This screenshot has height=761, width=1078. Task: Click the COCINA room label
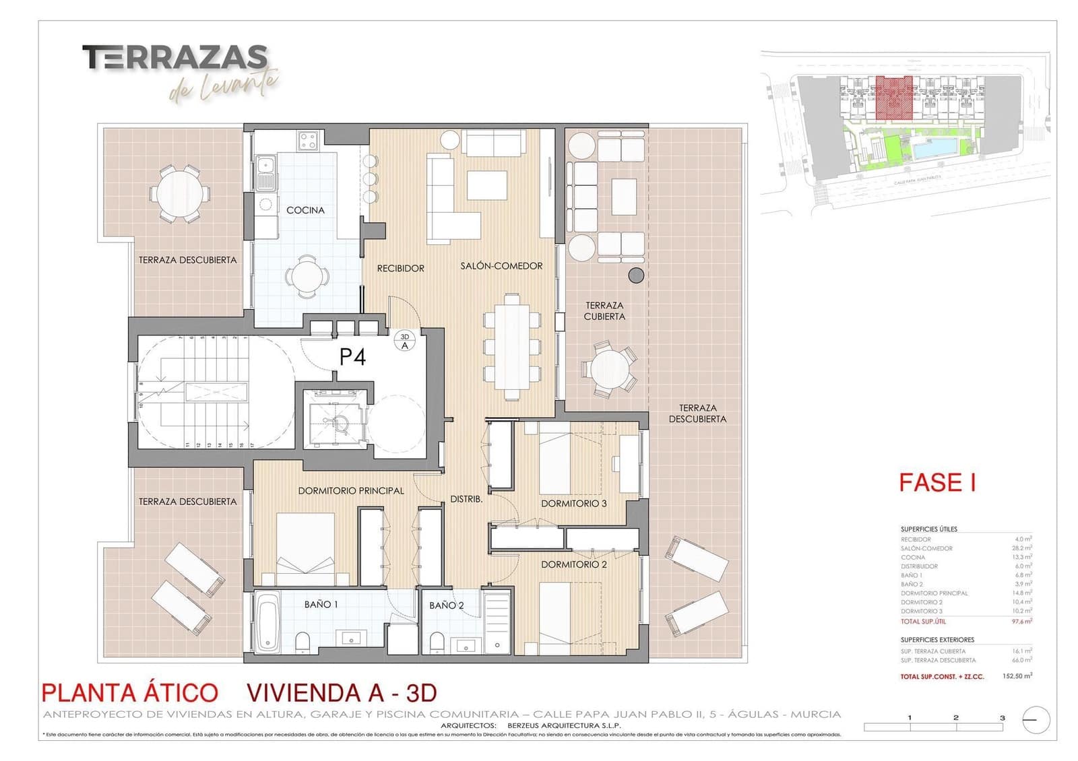(305, 210)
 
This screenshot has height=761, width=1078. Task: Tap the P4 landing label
(352, 357)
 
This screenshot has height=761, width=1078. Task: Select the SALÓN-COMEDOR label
(501, 266)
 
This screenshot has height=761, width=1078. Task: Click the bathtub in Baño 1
(267, 622)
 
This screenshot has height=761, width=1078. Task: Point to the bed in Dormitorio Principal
(306, 549)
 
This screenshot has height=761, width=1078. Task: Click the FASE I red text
(937, 482)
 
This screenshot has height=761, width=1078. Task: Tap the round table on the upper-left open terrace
(179, 193)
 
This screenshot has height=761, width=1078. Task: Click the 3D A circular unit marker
(405, 341)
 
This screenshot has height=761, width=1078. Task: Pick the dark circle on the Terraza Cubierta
(635, 275)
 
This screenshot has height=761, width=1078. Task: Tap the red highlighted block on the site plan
(894, 98)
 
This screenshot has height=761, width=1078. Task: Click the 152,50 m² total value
(1017, 675)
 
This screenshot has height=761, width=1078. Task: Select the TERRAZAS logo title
(175, 58)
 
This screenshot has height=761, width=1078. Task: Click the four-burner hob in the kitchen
(309, 140)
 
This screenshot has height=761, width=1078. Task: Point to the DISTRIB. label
(466, 499)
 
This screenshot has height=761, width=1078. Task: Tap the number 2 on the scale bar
(955, 717)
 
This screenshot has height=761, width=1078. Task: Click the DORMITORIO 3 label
(573, 503)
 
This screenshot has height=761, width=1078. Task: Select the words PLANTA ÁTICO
(129, 693)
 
